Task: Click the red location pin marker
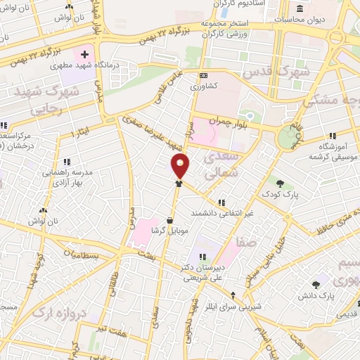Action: click(x=181, y=165)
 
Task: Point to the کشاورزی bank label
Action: click(x=204, y=86)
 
